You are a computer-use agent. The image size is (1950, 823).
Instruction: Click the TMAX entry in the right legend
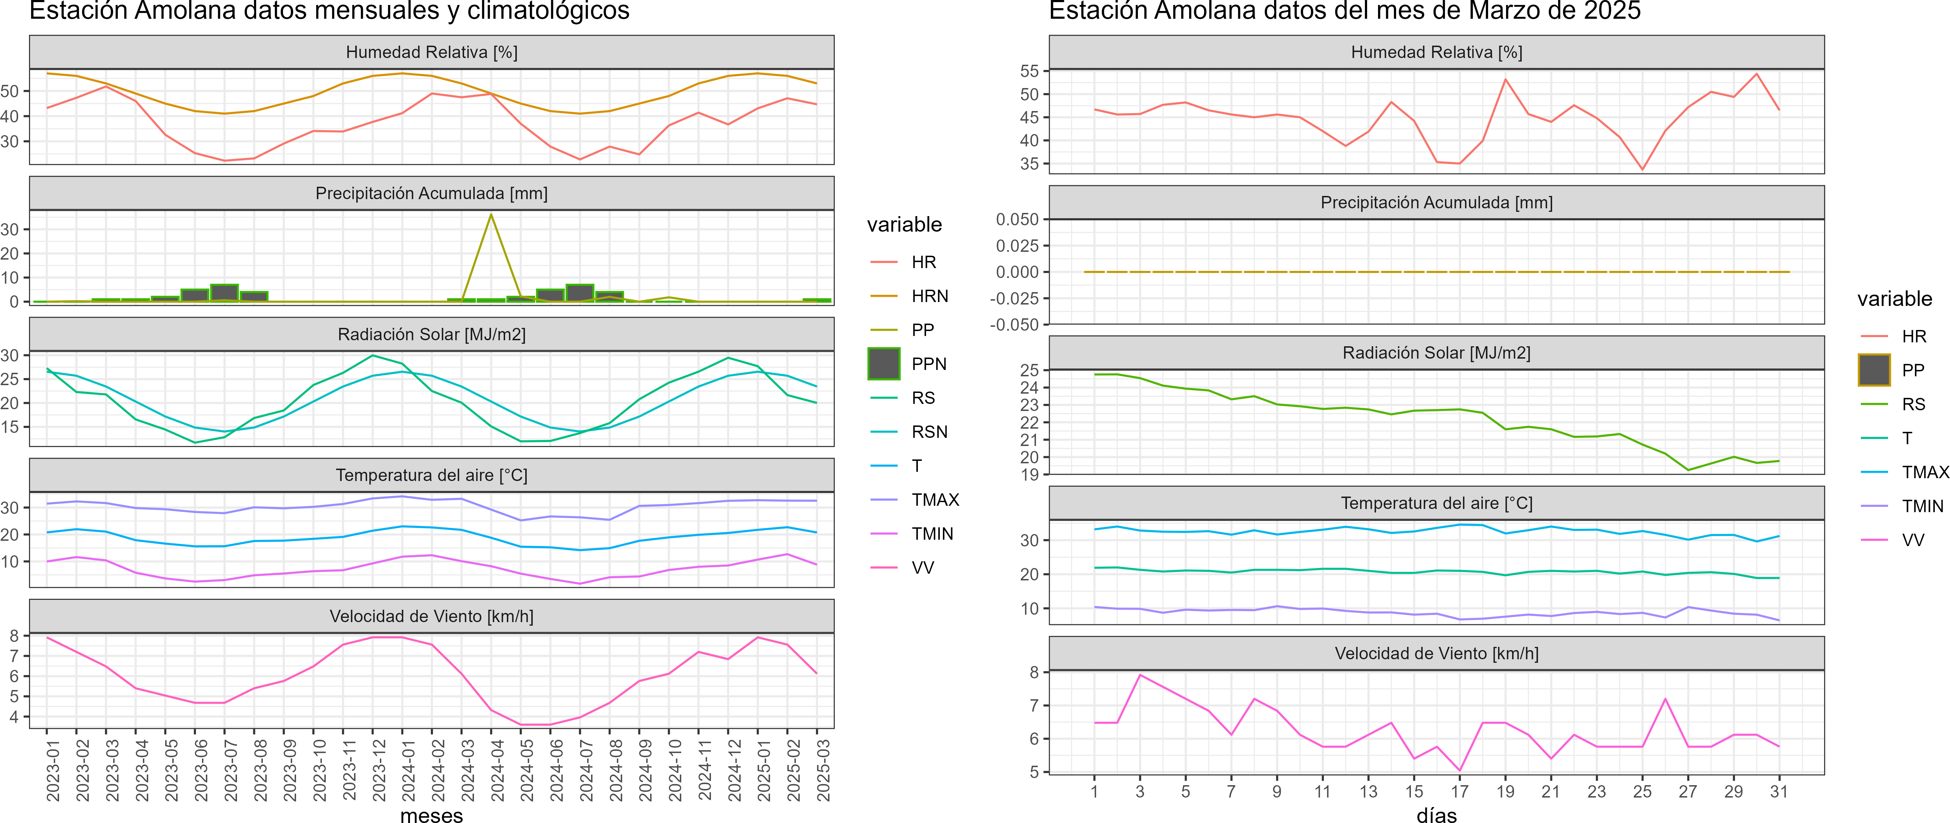tap(1925, 473)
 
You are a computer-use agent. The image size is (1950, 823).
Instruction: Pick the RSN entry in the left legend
tap(929, 431)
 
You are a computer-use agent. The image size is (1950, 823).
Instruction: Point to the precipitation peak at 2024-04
tap(491, 215)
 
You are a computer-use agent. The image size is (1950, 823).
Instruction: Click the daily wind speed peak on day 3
tap(1140, 674)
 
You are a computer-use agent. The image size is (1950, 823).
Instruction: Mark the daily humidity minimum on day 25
tap(1642, 169)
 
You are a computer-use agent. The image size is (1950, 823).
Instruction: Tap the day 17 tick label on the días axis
tap(1459, 791)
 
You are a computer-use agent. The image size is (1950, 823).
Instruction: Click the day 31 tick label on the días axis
tap(1779, 791)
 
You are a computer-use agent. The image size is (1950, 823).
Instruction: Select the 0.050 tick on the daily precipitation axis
tap(1017, 220)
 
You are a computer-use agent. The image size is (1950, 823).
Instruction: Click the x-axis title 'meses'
tap(432, 815)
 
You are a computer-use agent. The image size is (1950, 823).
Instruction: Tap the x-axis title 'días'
tap(1436, 815)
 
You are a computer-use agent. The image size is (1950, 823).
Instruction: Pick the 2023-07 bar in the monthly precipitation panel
tap(224, 293)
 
